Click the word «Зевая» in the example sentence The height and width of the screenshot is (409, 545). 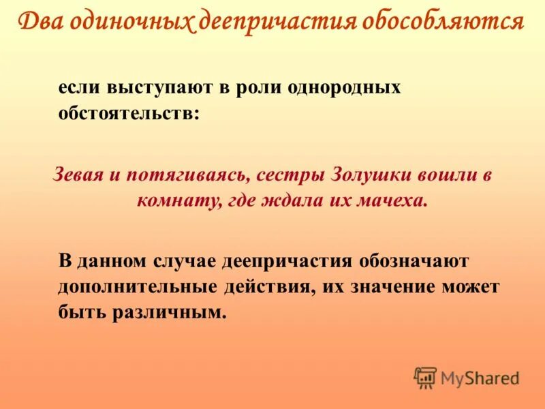[78, 175]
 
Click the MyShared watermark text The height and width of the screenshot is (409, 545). [480, 377]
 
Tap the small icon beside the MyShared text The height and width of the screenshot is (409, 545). [425, 378]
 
